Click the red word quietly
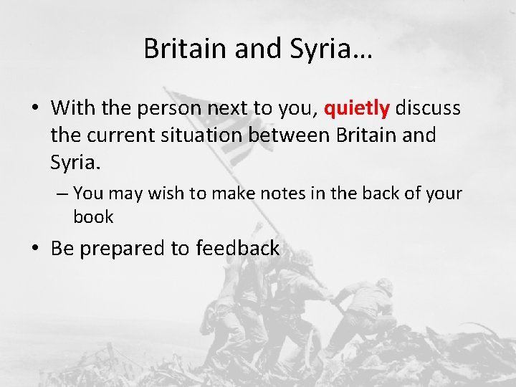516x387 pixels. (x=357, y=108)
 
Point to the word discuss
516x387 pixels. (x=428, y=108)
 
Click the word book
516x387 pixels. (x=93, y=216)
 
